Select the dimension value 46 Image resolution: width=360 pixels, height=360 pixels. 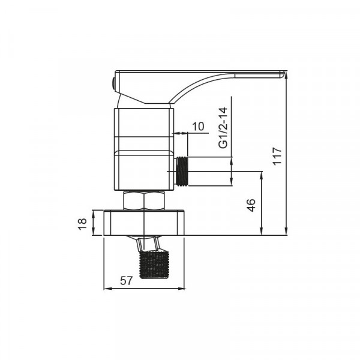click(x=251, y=205)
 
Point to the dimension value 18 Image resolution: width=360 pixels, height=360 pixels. click(x=83, y=223)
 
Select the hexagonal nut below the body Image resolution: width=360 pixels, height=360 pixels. click(x=144, y=200)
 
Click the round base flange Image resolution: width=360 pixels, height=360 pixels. click(x=144, y=223)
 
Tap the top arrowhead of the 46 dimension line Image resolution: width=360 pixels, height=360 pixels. click(x=261, y=175)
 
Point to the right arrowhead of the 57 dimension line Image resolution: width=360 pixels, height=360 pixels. click(x=182, y=289)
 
